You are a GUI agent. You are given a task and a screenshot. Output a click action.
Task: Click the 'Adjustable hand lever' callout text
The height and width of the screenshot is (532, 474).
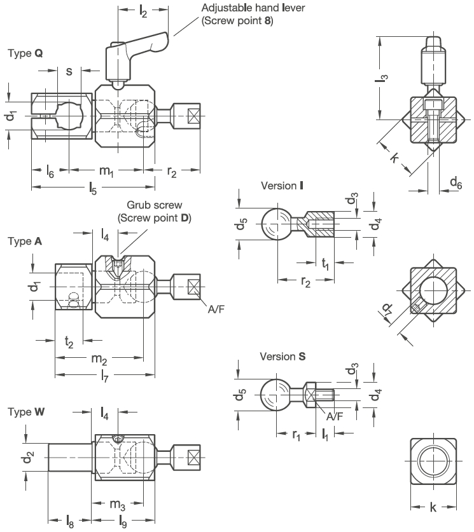tap(253, 8)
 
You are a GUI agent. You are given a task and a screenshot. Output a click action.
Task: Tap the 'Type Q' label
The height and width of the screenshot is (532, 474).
tap(25, 53)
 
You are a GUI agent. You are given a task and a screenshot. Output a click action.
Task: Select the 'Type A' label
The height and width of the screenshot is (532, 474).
tap(25, 242)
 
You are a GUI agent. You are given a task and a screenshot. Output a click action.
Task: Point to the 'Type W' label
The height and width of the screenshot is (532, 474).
tap(26, 412)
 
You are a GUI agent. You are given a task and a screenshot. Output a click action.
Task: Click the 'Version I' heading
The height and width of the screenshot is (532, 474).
tap(282, 186)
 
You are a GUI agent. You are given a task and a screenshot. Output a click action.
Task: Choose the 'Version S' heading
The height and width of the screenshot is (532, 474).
tap(282, 356)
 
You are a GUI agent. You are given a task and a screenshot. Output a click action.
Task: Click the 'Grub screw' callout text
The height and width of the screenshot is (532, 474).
tap(155, 205)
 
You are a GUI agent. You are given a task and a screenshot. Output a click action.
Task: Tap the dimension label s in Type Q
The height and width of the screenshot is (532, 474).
tap(69, 71)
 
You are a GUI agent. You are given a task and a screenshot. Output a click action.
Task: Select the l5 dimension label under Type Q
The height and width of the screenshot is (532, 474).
tap(93, 188)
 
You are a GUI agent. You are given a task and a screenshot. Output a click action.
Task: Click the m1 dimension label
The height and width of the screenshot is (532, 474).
tap(106, 171)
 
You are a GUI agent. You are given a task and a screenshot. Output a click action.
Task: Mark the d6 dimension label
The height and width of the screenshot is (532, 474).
tap(456, 183)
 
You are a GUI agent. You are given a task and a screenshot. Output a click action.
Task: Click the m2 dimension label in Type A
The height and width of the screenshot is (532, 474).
tap(99, 359)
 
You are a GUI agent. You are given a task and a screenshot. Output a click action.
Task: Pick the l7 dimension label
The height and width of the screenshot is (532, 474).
tap(104, 376)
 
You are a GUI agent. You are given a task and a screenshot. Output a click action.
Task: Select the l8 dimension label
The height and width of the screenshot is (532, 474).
tap(69, 521)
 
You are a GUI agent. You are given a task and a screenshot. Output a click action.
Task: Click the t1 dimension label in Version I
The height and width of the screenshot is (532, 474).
tap(325, 264)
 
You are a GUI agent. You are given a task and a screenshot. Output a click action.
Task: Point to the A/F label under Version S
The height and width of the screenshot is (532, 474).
tap(335, 416)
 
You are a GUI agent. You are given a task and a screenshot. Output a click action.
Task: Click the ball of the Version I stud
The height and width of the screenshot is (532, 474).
tap(277, 224)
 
